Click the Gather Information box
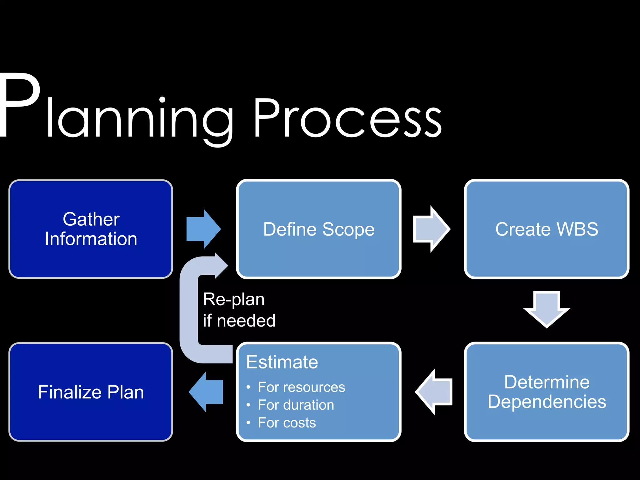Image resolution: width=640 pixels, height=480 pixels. (x=91, y=229)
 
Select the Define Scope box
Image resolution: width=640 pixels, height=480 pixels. (x=318, y=229)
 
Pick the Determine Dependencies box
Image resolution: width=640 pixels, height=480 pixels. (x=547, y=392)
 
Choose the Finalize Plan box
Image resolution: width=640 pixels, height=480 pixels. (x=91, y=392)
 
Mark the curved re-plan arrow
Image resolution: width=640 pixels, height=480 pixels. (x=189, y=312)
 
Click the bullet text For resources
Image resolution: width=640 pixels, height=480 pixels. (x=301, y=387)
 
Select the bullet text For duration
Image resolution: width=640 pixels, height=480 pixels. (x=296, y=405)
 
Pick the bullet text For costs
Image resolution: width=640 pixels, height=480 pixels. (x=287, y=423)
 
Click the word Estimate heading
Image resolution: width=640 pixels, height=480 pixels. (x=282, y=362)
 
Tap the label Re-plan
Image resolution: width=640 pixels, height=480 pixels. (x=234, y=299)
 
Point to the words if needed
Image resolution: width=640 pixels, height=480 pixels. (x=239, y=321)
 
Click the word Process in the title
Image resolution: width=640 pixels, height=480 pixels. (x=347, y=119)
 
